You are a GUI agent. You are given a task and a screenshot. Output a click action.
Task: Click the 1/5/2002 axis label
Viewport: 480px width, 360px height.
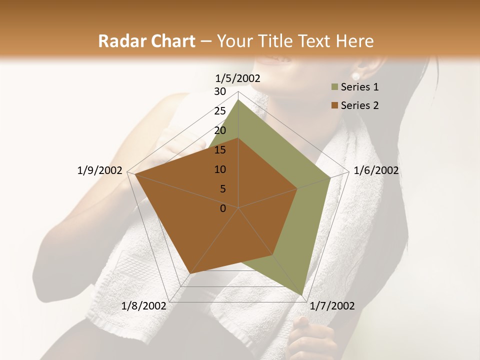[238, 78]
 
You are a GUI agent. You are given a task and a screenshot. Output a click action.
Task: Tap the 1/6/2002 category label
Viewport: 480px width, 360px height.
[376, 170]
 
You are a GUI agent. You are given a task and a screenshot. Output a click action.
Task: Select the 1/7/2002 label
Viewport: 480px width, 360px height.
[332, 306]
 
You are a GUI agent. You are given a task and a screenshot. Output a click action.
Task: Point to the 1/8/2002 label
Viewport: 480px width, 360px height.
[143, 306]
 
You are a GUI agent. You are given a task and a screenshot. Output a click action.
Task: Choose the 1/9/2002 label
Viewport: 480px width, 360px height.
[99, 170]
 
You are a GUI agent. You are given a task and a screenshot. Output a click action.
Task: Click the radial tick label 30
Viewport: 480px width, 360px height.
[220, 91]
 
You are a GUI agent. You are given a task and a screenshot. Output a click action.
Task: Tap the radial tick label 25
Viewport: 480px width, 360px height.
[220, 111]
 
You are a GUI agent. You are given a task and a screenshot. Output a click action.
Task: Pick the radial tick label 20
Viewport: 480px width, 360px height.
[220, 130]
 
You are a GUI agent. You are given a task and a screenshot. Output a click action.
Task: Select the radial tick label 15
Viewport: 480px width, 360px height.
[220, 150]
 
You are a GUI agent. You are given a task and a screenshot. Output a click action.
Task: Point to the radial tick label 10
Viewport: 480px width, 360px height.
[220, 169]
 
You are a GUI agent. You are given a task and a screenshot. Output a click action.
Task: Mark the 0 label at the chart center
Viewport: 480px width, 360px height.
[223, 208]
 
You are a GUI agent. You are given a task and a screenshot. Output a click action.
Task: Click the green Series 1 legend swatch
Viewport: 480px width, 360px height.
[334, 87]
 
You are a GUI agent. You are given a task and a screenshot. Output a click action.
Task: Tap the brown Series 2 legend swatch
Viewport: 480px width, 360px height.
[334, 105]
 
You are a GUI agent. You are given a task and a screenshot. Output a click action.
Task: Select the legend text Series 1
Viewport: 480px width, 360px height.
[359, 87]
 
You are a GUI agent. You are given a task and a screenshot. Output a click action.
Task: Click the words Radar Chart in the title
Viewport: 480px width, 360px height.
[146, 41]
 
